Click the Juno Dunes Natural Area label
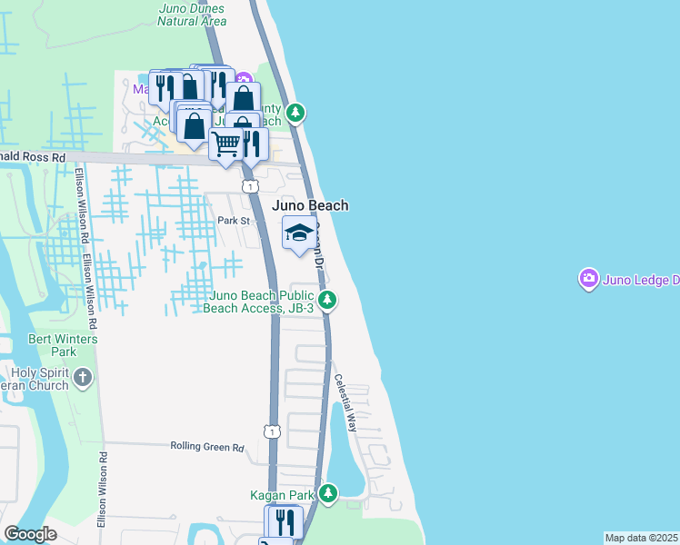pyautogui.click(x=191, y=14)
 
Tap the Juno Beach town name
pyautogui.click(x=310, y=206)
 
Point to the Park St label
pyautogui.click(x=233, y=221)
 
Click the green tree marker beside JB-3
pyautogui.click(x=328, y=299)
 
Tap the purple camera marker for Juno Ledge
pyautogui.click(x=589, y=279)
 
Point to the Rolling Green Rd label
pyautogui.click(x=208, y=447)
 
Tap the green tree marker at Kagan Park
pyautogui.click(x=328, y=494)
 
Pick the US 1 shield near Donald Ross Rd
pyautogui.click(x=249, y=186)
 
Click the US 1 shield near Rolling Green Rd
pyautogui.click(x=271, y=431)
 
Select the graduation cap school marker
pyautogui.click(x=299, y=233)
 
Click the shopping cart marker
pyautogui.click(x=225, y=144)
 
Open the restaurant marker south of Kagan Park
pyautogui.click(x=284, y=521)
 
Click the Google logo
pyautogui.click(x=30, y=534)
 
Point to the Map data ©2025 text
pyautogui.click(x=641, y=538)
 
